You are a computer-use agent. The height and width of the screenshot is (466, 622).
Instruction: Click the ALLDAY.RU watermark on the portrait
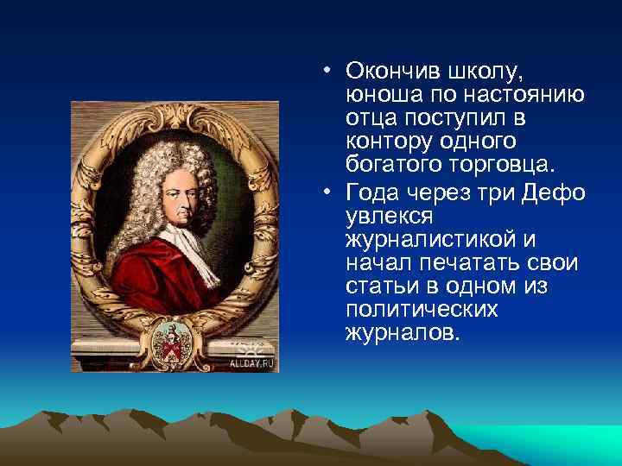point(251,363)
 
